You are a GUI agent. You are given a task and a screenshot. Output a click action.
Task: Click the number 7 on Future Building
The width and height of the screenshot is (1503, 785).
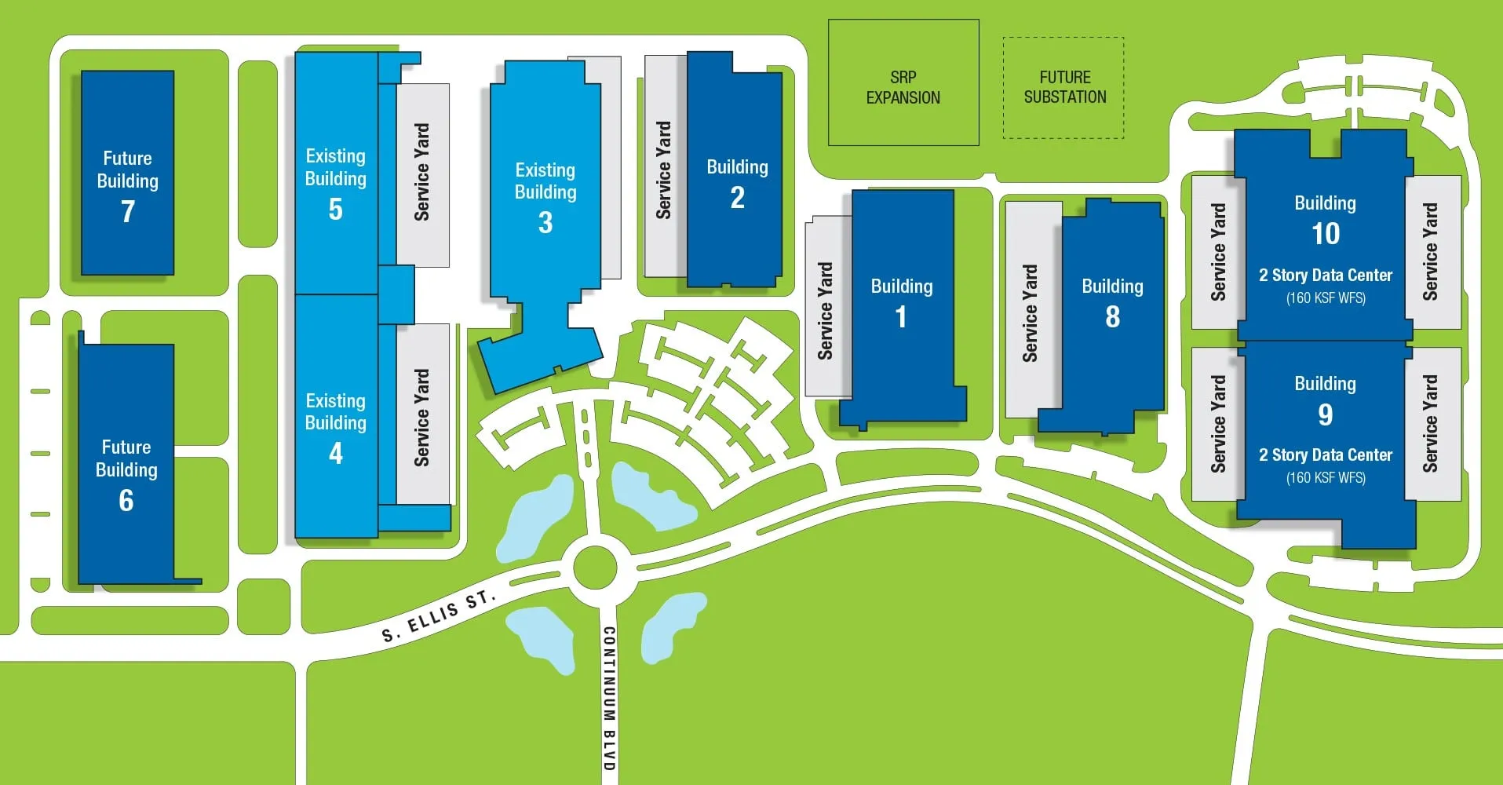(x=128, y=211)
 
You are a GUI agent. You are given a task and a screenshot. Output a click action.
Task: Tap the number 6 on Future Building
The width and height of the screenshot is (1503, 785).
(x=126, y=501)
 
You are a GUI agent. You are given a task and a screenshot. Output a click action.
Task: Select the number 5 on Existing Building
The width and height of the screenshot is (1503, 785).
(x=336, y=210)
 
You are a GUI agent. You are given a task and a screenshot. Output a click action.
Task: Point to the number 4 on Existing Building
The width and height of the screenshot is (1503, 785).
(x=336, y=454)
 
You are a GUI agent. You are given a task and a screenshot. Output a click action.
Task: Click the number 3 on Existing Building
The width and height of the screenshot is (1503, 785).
(x=545, y=223)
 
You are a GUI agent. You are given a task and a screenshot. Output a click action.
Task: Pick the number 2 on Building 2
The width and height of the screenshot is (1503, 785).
(x=738, y=198)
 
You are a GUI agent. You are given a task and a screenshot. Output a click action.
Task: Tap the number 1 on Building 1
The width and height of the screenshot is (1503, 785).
(x=901, y=317)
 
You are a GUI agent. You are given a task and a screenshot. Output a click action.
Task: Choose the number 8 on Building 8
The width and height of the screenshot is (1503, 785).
(x=1112, y=317)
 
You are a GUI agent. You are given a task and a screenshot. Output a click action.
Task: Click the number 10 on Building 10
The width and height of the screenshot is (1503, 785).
(x=1326, y=234)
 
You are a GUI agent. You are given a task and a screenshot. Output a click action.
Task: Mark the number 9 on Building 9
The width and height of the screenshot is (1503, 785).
(x=1326, y=414)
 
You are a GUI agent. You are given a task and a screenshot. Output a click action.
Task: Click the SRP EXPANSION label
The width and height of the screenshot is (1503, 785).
(x=903, y=87)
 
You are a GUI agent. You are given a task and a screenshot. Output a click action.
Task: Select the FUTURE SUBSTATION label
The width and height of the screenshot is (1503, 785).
(x=1065, y=87)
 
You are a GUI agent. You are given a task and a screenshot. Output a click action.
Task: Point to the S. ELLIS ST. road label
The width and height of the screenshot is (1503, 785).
(x=439, y=617)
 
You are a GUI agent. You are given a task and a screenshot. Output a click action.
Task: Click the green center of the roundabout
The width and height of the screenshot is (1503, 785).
(x=594, y=567)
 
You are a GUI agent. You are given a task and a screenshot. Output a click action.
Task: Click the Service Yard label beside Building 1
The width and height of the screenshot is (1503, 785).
(x=825, y=311)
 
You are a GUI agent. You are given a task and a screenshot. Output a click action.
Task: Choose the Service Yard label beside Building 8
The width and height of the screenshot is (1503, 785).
(x=1030, y=313)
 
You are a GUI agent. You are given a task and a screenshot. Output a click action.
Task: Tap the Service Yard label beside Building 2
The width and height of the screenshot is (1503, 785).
(x=664, y=170)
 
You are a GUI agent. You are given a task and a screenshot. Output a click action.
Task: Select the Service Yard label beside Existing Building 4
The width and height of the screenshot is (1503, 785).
(x=422, y=418)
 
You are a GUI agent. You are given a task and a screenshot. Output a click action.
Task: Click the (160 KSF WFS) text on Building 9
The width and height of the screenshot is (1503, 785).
(x=1326, y=478)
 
